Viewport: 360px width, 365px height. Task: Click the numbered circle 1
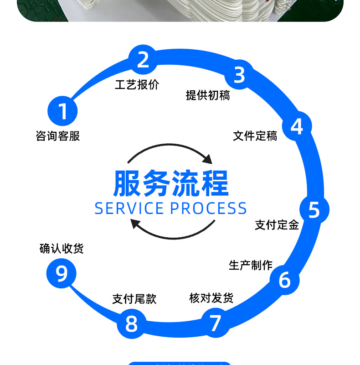tap(63, 111)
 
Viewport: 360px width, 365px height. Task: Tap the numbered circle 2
tap(143, 60)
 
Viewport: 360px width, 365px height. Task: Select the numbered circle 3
tap(239, 75)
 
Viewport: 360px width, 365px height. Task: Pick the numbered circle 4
tap(297, 126)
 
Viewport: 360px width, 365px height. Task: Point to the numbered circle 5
tap(314, 209)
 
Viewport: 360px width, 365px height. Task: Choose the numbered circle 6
tap(284, 280)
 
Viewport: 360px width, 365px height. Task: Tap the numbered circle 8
tap(131, 324)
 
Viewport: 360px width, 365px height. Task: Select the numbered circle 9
tap(61, 274)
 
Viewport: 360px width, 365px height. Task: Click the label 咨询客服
tap(58, 136)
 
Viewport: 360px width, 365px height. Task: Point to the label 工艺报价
tap(137, 85)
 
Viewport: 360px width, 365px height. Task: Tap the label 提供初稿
tap(208, 95)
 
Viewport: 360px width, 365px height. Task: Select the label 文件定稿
tap(255, 136)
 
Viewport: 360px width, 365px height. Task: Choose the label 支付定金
tap(277, 224)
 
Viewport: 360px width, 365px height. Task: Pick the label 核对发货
tap(211, 298)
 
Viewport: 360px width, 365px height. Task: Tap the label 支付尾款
tap(134, 299)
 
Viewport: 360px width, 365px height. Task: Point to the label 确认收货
tap(62, 249)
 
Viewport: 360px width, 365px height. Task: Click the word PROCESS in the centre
tap(209, 208)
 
